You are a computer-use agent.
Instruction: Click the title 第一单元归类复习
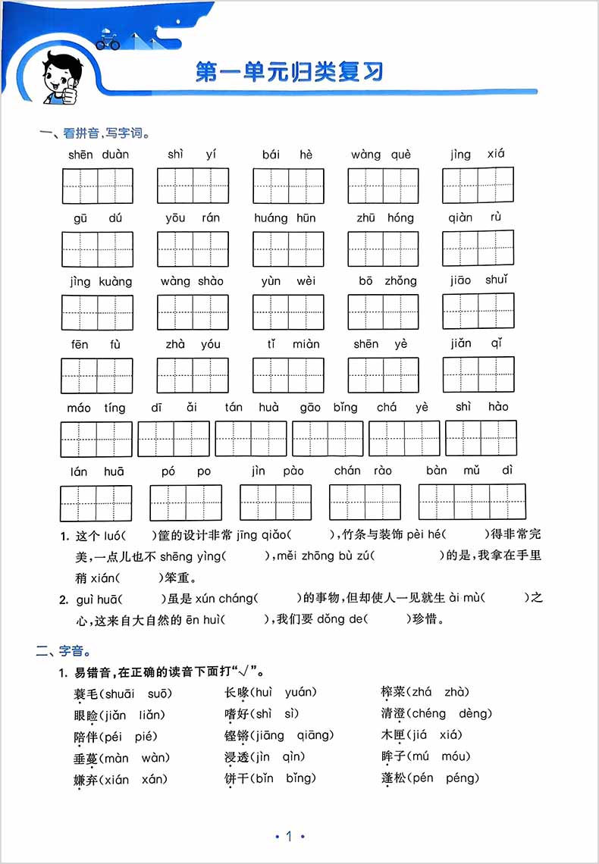coord(289,72)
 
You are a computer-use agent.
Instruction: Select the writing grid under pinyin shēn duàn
coord(98,186)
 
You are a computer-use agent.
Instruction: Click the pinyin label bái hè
coord(287,155)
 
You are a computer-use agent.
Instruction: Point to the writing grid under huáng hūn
coord(288,249)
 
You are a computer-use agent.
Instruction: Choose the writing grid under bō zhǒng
coord(383,311)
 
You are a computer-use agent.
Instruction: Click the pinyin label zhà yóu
coord(193,344)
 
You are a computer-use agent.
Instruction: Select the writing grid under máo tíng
coord(96,439)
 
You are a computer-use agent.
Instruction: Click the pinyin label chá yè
coord(403,407)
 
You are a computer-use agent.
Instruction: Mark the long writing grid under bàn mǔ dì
coord(472,502)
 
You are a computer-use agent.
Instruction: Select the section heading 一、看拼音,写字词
coord(95,134)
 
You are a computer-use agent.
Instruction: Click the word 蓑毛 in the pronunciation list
coord(86,693)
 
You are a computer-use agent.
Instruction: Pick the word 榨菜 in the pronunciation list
coord(393,692)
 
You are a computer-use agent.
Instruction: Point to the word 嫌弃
coord(86,779)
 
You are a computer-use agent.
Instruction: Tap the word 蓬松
coord(393,778)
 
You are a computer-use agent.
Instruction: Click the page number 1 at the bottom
coord(289,837)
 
